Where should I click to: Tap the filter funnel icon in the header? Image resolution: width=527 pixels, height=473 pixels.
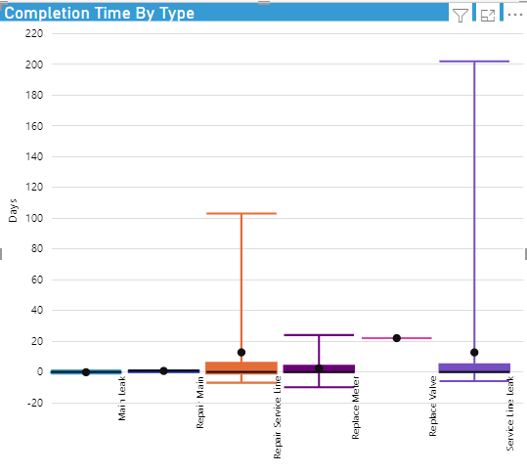coord(461,15)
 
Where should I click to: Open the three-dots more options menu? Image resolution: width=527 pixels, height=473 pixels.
coord(515,15)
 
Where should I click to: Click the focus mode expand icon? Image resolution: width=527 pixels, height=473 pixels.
coord(488,15)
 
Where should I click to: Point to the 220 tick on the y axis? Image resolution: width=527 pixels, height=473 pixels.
coord(34,33)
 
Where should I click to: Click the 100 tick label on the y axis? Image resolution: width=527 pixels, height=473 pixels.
coord(34,218)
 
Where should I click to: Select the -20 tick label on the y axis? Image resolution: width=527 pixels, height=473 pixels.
coord(34,403)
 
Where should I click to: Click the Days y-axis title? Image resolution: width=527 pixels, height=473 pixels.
coord(13,211)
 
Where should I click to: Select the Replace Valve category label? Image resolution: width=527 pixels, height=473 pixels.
coord(432,406)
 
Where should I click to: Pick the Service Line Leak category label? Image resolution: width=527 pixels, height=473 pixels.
coord(510,413)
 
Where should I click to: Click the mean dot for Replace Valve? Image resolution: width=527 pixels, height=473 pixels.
coord(397,338)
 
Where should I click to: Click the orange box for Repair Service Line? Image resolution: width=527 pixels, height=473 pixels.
coord(241,366)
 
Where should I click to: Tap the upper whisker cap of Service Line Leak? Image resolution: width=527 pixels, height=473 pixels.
coord(474,62)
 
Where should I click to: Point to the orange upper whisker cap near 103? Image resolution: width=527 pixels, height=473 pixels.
coord(241,213)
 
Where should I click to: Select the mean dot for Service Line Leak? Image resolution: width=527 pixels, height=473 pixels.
coord(474,352)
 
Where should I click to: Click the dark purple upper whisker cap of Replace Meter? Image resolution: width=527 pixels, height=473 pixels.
coord(319,335)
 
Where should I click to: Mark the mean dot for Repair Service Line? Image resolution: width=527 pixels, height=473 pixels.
coord(242,352)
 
